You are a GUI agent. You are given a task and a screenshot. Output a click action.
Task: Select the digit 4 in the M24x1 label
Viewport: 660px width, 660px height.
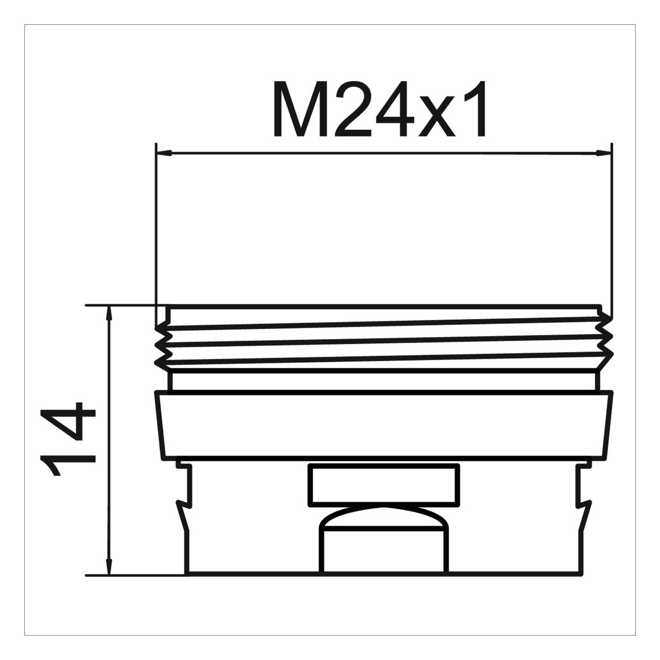396,109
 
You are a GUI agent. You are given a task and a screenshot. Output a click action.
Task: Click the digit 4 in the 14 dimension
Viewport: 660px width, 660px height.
67,421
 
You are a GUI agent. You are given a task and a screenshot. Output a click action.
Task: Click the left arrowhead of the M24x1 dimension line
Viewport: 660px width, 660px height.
164,153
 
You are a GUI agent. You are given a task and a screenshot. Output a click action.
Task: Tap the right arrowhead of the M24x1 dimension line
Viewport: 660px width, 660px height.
603,153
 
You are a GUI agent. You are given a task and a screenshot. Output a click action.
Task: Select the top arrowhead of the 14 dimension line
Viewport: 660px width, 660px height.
109,313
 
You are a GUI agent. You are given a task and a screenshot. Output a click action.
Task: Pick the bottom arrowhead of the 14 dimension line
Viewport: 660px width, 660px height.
109,567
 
